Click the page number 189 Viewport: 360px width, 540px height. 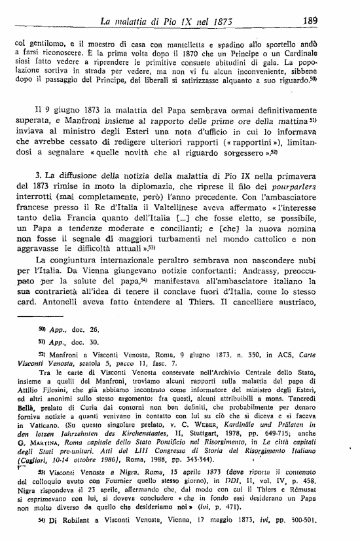(329, 21)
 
